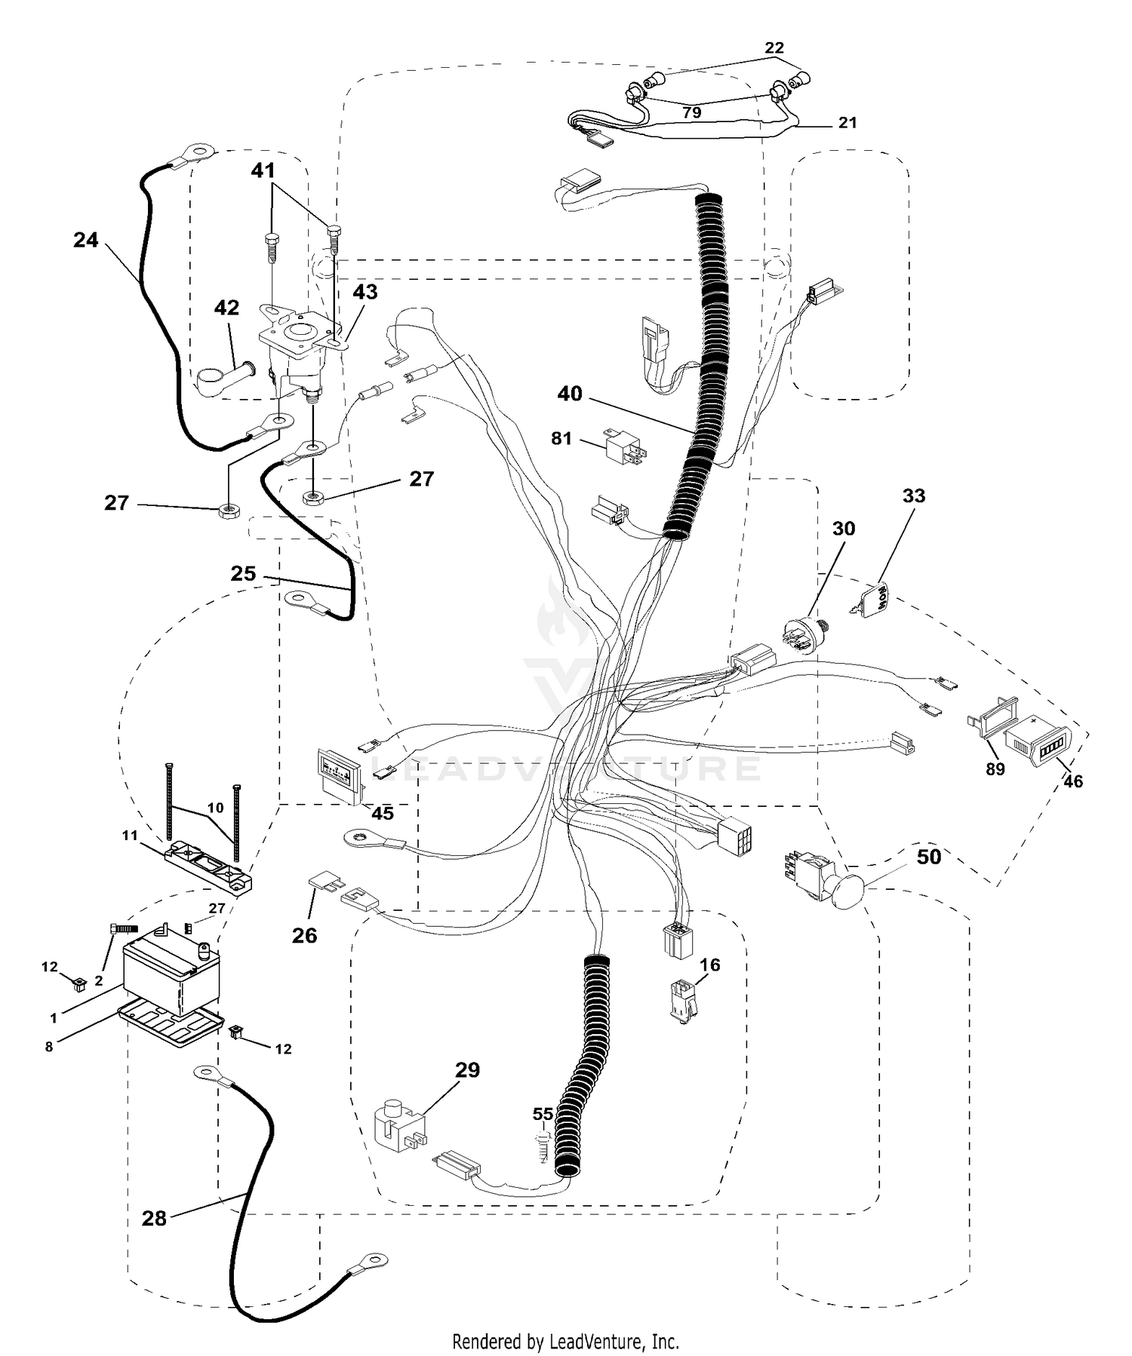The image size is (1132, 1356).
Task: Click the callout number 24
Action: [x=86, y=240]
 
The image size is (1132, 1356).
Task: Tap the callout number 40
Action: [x=570, y=394]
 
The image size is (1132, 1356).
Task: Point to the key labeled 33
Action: [x=874, y=600]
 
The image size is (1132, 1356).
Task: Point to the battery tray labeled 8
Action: [x=172, y=1026]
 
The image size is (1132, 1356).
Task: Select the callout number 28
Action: [x=154, y=1218]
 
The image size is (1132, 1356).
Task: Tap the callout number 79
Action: [x=691, y=112]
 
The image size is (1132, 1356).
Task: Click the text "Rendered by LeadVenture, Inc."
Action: [x=565, y=1342]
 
